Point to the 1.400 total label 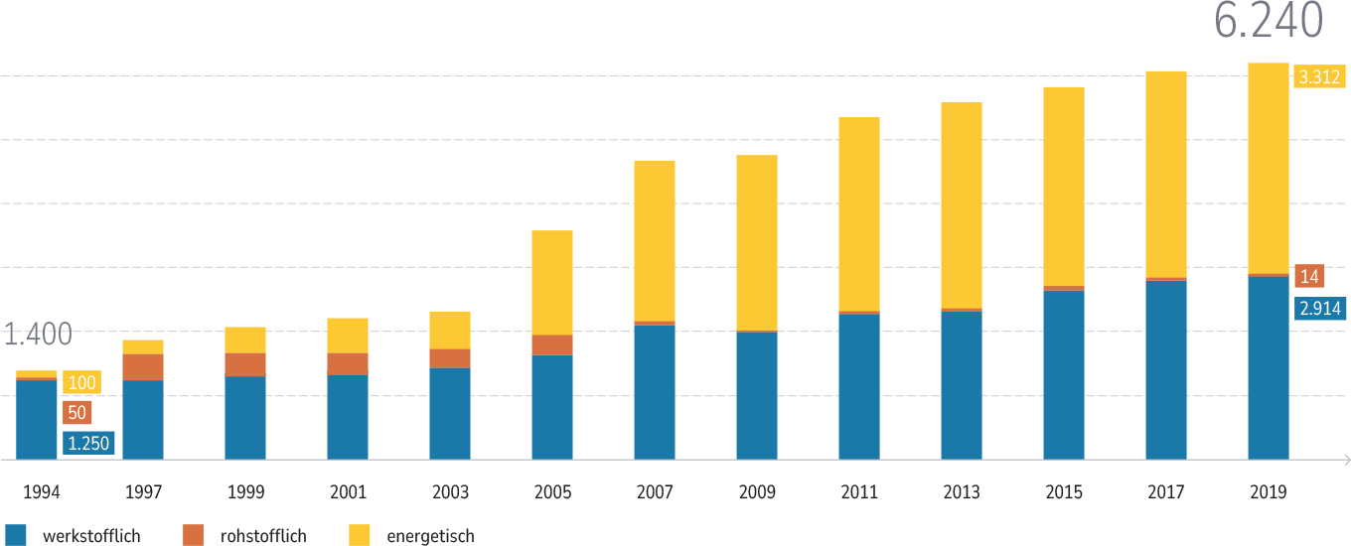pyautogui.click(x=38, y=336)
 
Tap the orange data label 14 pyautogui.click(x=1309, y=277)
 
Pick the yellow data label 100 pyautogui.click(x=81, y=383)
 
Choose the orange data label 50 pyautogui.click(x=76, y=413)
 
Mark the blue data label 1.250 pyautogui.click(x=88, y=444)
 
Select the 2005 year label pyautogui.click(x=551, y=492)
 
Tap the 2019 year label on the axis pyautogui.click(x=1268, y=492)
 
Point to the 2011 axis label pyautogui.click(x=858, y=492)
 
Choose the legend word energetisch pyautogui.click(x=430, y=536)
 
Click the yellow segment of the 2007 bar pyautogui.click(x=655, y=240)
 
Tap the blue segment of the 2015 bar pyautogui.click(x=1063, y=375)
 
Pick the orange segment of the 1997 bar pyautogui.click(x=143, y=367)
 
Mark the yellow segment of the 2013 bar pyautogui.click(x=961, y=205)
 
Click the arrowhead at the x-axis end pyautogui.click(x=1346, y=460)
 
